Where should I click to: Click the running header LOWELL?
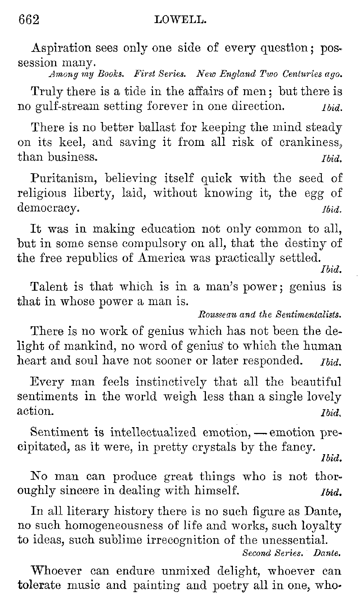(180, 20)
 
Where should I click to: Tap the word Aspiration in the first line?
(62, 48)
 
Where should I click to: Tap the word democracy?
(47, 208)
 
